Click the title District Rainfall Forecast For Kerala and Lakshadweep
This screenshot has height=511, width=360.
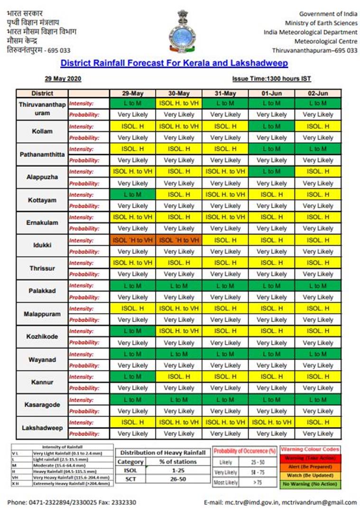click(x=174, y=63)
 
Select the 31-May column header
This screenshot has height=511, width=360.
click(x=225, y=93)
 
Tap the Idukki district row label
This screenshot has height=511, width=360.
click(x=42, y=246)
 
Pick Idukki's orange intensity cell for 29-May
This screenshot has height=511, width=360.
click(x=133, y=240)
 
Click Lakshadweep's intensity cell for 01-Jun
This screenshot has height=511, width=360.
click(x=272, y=422)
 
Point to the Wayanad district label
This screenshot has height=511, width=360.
click(x=42, y=360)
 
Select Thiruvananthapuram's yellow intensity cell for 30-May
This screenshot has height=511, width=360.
click(x=179, y=103)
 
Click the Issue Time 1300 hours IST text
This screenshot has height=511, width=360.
click(x=271, y=79)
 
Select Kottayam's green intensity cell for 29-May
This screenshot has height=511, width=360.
click(x=133, y=195)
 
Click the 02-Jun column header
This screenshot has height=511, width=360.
click(x=318, y=93)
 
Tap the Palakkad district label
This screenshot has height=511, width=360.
click(x=42, y=291)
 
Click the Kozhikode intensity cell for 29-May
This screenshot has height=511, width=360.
click(x=133, y=331)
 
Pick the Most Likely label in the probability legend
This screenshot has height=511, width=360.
click(x=226, y=483)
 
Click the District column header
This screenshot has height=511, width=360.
click(x=42, y=93)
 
